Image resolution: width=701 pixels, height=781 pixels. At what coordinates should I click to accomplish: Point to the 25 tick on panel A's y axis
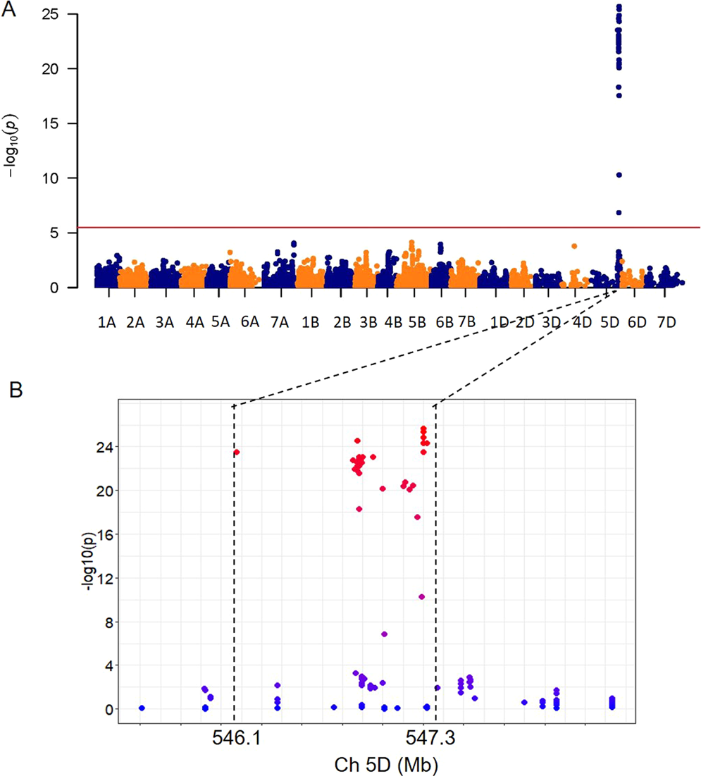(58, 14)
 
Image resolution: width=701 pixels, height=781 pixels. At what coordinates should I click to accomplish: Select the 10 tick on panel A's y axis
(58, 178)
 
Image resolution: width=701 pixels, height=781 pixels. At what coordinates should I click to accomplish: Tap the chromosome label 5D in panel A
(609, 323)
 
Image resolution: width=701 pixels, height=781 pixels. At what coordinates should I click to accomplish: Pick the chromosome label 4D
(581, 323)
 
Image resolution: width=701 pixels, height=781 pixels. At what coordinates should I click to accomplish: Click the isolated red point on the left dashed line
(237, 452)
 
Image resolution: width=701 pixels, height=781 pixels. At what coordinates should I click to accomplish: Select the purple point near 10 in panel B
(421, 596)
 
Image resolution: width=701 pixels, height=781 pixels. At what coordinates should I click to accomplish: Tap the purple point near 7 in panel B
(384, 634)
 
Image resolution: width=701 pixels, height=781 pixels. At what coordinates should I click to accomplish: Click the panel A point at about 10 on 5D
(619, 175)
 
